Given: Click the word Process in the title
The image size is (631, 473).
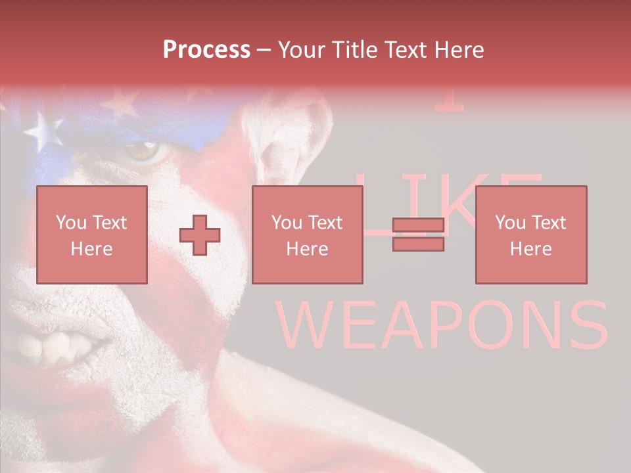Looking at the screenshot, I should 206,49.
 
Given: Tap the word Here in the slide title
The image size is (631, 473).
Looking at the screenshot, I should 458,49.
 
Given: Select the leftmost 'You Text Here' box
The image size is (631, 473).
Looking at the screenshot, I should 92,235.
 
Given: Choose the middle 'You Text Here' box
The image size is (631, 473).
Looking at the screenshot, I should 307,235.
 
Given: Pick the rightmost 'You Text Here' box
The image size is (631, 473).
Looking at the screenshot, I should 530,235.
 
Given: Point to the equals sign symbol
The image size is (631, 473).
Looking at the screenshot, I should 418,235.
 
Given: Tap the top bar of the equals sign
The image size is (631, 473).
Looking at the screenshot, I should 418,225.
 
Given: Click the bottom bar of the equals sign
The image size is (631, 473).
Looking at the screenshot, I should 418,244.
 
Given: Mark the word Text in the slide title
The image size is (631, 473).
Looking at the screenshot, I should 406,49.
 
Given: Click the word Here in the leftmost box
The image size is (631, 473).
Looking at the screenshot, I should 91,248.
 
